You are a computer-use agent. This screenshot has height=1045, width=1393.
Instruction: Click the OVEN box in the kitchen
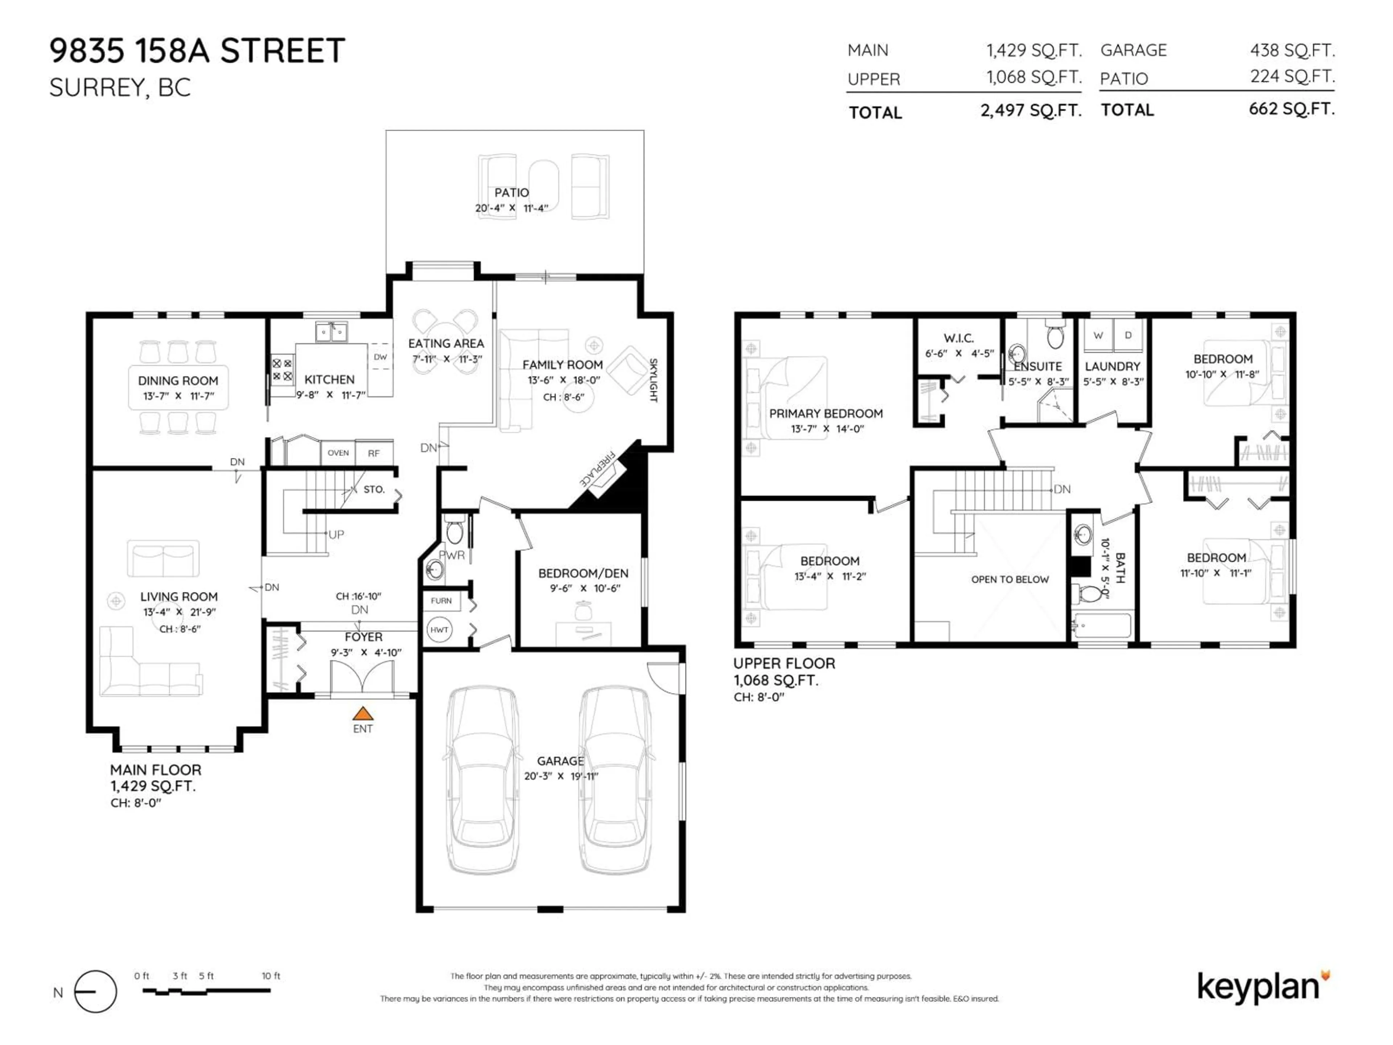pyautogui.click(x=338, y=453)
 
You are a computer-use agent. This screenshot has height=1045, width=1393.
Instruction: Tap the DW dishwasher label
pyautogui.click(x=381, y=357)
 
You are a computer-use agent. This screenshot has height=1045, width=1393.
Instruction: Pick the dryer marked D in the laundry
pyautogui.click(x=1128, y=335)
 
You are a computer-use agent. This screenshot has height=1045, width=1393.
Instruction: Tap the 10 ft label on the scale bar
pyautogui.click(x=271, y=976)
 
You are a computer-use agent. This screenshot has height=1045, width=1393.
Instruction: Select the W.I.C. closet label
pyautogui.click(x=958, y=338)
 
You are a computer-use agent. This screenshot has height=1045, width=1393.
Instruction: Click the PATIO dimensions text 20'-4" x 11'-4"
pyautogui.click(x=511, y=208)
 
